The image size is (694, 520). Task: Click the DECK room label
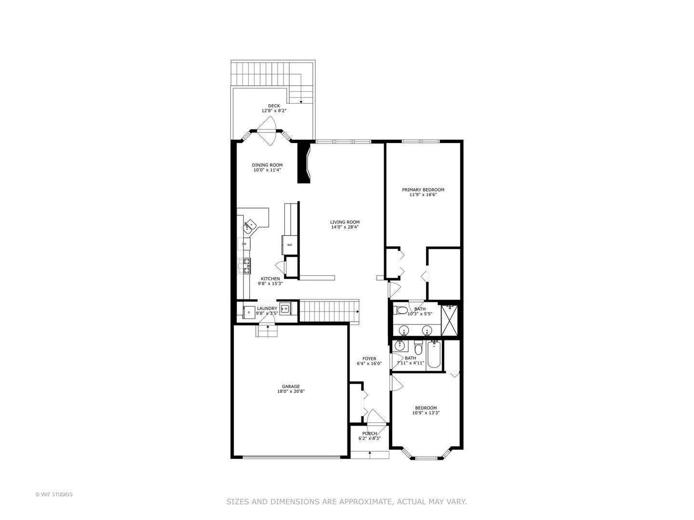click(274, 106)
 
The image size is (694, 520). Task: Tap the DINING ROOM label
click(267, 165)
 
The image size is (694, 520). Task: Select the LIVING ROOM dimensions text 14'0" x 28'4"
click(345, 227)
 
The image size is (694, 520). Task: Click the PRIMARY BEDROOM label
click(423, 190)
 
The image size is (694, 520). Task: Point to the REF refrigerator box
click(290, 245)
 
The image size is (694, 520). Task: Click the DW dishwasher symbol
click(244, 244)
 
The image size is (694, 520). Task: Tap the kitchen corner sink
click(250, 225)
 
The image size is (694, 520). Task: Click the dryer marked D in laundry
click(249, 312)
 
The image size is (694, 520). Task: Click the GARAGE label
click(291, 386)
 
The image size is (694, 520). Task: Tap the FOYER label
click(369, 359)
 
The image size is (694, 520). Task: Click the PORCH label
click(370, 433)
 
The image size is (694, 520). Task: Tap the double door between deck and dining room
click(266, 130)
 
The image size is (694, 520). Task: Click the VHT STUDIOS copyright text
click(54, 494)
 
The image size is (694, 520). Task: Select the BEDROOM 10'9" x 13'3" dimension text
click(426, 413)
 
